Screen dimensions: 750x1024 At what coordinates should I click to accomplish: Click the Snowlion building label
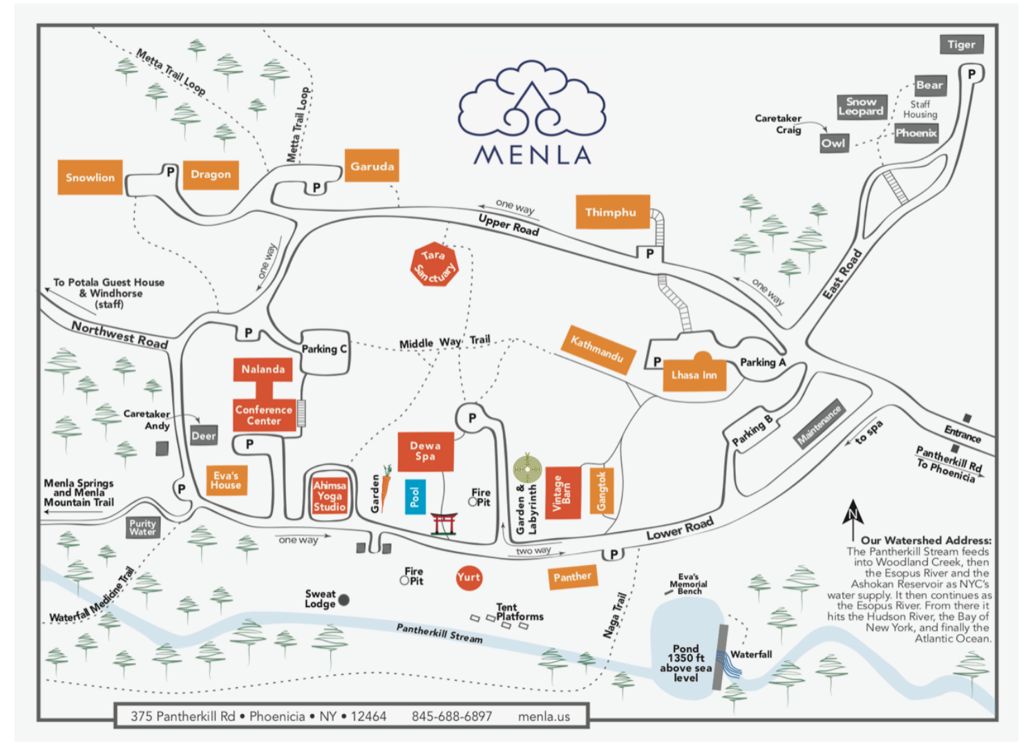90,177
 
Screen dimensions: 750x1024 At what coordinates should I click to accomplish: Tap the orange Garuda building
372,166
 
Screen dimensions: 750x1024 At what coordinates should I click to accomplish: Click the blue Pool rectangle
415,497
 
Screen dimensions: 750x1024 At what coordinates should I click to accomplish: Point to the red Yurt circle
468,577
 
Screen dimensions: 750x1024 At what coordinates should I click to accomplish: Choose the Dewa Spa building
425,451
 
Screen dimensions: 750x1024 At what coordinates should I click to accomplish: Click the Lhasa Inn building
694,374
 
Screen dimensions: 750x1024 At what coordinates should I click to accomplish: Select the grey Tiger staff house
961,44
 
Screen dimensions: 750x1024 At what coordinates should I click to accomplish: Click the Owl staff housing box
833,143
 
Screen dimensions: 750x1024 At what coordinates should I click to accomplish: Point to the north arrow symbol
853,512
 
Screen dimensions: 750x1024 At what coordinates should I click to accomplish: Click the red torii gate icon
444,524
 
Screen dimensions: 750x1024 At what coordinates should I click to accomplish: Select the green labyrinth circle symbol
527,469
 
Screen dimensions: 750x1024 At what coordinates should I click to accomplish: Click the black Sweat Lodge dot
343,599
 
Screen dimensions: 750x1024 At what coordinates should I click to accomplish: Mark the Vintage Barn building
562,493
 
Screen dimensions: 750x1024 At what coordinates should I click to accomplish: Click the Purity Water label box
142,528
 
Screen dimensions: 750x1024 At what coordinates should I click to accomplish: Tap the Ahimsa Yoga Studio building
330,496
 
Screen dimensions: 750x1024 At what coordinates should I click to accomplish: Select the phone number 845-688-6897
452,716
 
